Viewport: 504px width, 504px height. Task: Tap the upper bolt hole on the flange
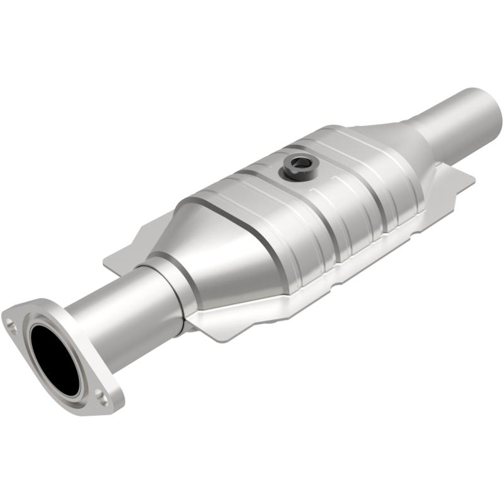[x=12, y=325]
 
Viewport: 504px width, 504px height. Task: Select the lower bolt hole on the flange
[x=100, y=396]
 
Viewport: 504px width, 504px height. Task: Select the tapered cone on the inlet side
[x=214, y=252]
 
